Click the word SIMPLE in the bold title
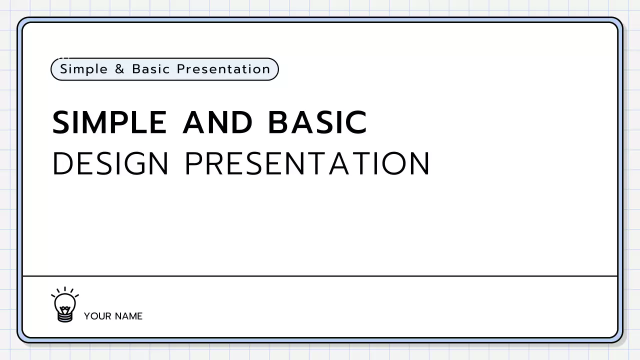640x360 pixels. pos(109,122)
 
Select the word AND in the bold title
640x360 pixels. pos(217,122)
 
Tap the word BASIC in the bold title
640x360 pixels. pos(317,122)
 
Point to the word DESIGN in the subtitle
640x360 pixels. pos(110,163)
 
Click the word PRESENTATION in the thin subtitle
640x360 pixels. pos(307,163)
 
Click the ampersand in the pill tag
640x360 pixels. pos(119,69)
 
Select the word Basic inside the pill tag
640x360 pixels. pos(151,69)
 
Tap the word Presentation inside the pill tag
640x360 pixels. pos(223,69)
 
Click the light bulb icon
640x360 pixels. pos(65,305)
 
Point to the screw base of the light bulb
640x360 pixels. pos(65,317)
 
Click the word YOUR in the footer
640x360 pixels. pos(97,316)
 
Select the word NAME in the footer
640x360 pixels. pos(128,316)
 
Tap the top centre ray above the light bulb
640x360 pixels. pos(65,289)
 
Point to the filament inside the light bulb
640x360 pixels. pos(65,303)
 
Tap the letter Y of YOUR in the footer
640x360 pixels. pos(87,316)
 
